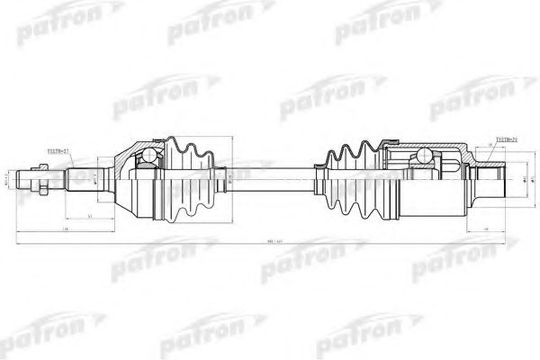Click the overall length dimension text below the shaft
pyautogui.click(x=270, y=243)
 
